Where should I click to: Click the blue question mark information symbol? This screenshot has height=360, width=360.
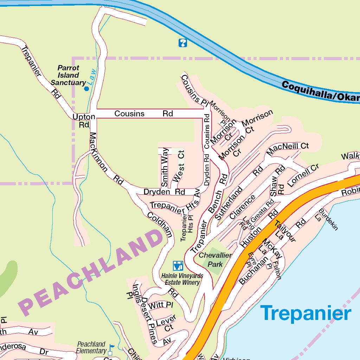pos(183,43)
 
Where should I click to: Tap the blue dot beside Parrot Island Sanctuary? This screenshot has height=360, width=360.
pos(86,89)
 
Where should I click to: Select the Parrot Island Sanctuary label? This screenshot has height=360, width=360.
pos(69,75)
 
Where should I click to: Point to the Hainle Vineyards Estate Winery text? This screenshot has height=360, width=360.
pos(182,279)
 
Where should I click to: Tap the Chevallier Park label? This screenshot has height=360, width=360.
pos(215,259)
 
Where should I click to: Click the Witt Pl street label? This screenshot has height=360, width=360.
pos(161,305)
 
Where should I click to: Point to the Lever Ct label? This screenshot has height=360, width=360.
pos(166,324)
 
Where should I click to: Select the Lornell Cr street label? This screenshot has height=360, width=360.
pos(303,175)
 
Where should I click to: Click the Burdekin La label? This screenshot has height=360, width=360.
pos(328,220)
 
